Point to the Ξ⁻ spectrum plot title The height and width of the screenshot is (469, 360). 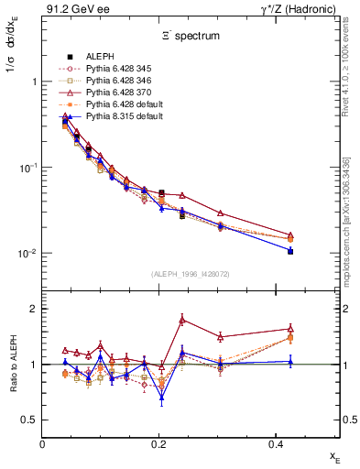(191, 35)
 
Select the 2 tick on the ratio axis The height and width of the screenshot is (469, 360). (34, 309)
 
